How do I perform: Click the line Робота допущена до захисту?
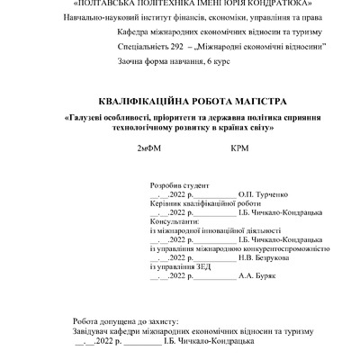click(x=125, y=320)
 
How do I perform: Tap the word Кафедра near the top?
click(x=135, y=30)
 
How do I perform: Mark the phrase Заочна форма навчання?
click(x=160, y=59)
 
